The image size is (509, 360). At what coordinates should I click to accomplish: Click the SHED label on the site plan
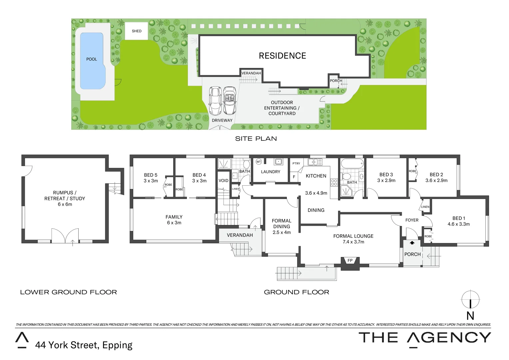point(137,31)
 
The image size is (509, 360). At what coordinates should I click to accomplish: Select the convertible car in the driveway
point(230,100)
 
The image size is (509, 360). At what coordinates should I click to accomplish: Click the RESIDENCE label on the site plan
point(282,56)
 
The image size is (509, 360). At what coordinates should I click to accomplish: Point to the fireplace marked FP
point(350,261)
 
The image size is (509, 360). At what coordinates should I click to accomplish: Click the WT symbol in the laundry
point(258,162)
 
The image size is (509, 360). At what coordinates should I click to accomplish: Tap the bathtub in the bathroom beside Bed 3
point(352,164)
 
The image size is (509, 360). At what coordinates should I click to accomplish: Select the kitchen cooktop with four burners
point(334,182)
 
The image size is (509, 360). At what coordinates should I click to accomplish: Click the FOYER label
point(412,220)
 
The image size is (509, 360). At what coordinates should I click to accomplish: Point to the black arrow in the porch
point(412,243)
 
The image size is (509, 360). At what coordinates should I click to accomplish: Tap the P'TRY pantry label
point(296,163)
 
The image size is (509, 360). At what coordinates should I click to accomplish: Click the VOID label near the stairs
point(224,181)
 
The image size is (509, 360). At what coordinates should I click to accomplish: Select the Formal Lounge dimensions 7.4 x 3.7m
point(353,242)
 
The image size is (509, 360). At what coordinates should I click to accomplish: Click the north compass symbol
point(470,300)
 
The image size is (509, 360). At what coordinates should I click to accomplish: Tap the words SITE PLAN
point(256,139)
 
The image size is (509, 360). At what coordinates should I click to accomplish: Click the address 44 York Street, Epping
point(84,345)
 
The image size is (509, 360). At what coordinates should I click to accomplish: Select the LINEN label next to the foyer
point(425,207)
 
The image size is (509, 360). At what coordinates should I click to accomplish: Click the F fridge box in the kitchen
point(294,177)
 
